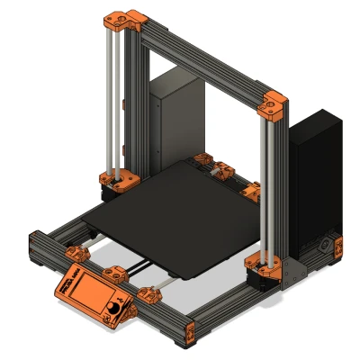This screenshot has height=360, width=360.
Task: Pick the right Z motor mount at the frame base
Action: tap(264, 268)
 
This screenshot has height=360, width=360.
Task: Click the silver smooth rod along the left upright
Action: tap(108, 99)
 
